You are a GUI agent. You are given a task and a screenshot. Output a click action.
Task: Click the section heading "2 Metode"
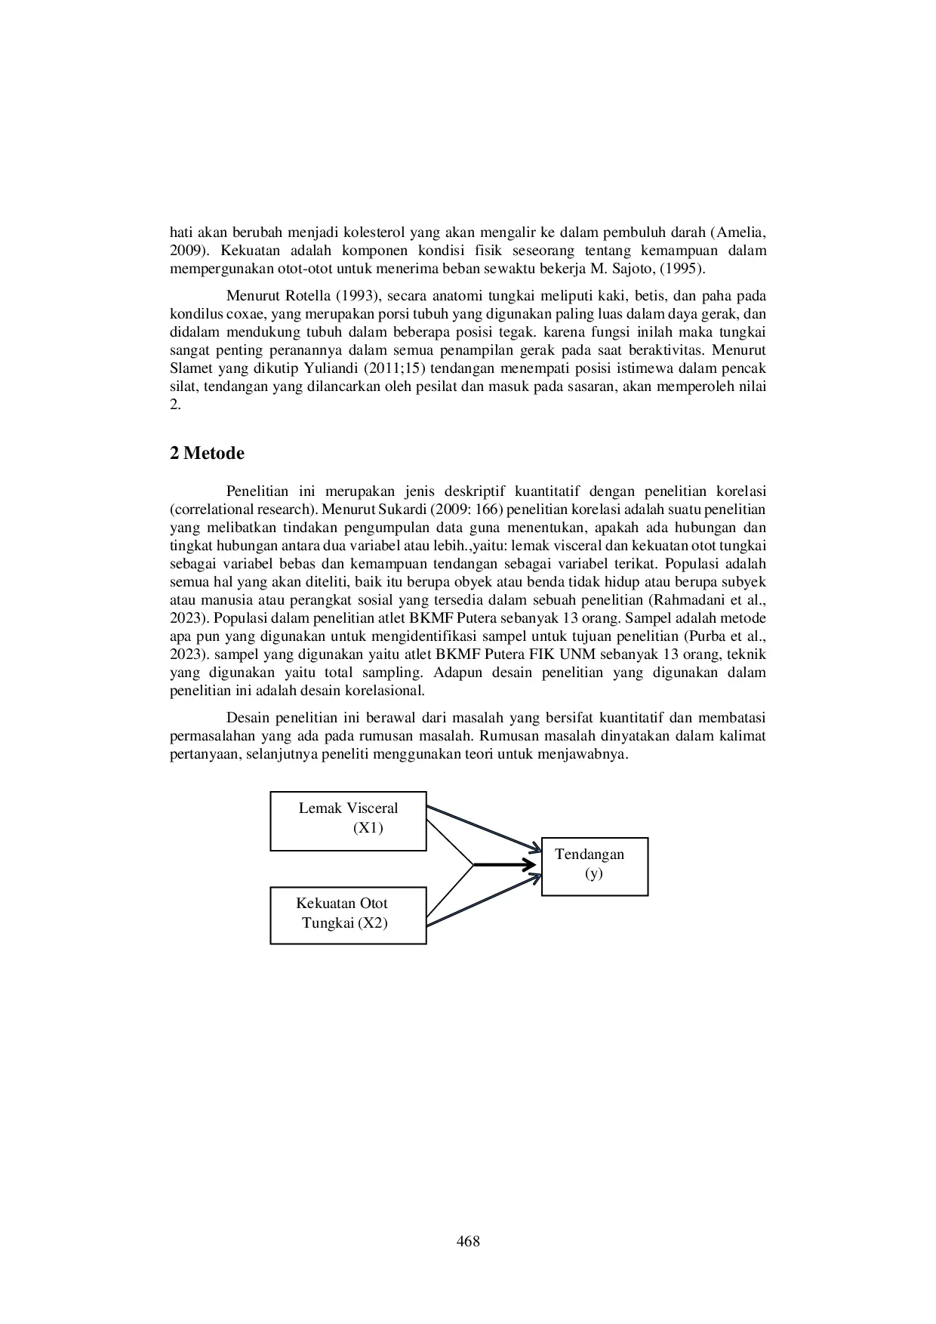(208, 454)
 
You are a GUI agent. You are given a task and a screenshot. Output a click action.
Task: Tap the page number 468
(468, 1241)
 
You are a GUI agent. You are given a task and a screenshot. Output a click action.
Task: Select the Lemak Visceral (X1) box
(348, 821)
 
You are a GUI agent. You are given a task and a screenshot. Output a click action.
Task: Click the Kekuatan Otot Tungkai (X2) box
(348, 915)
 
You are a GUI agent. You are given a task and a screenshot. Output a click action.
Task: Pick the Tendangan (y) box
(594, 866)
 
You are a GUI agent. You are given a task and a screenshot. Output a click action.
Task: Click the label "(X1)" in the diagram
(368, 828)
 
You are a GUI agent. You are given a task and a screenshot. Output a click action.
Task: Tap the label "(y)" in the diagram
(594, 874)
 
